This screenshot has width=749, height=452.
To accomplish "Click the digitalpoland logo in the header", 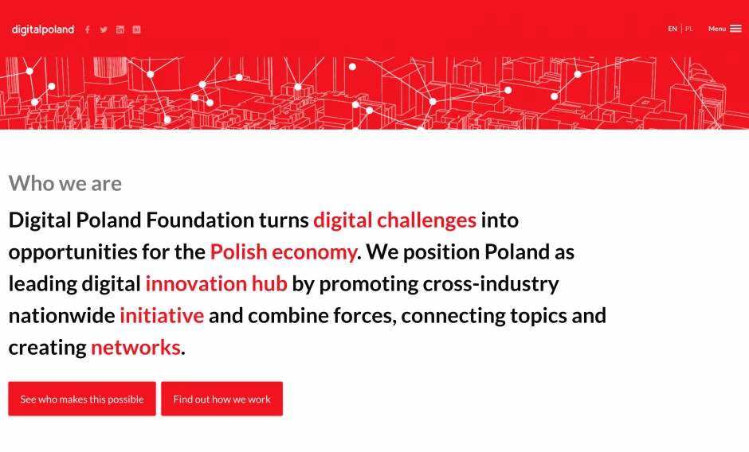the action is pyautogui.click(x=43, y=29).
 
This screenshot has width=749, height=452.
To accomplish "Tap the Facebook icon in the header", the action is pyautogui.click(x=88, y=29).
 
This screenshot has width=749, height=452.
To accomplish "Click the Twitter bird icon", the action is pyautogui.click(x=104, y=29).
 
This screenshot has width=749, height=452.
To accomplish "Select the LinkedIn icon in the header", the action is pyautogui.click(x=120, y=29).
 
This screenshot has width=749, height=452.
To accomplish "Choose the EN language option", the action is pyautogui.click(x=672, y=29).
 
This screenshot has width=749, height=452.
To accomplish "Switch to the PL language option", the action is pyautogui.click(x=688, y=29).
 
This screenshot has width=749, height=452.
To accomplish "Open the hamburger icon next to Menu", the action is pyautogui.click(x=735, y=29).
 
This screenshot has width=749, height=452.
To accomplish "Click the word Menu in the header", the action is pyautogui.click(x=717, y=29).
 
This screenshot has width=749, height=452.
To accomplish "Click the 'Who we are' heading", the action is pyautogui.click(x=65, y=183).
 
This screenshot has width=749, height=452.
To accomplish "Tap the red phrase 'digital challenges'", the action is pyautogui.click(x=394, y=220).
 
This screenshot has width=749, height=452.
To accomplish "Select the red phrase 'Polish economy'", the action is pyautogui.click(x=284, y=252).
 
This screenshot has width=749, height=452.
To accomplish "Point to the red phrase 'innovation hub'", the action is pyautogui.click(x=216, y=283).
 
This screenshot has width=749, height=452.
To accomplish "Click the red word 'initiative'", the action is pyautogui.click(x=162, y=315).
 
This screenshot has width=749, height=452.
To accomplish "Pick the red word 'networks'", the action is pyautogui.click(x=135, y=348).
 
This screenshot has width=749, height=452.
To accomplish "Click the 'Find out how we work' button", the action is pyautogui.click(x=222, y=399).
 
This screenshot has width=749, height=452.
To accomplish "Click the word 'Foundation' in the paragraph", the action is pyautogui.click(x=200, y=220).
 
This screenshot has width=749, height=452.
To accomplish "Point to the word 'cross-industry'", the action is pyautogui.click(x=491, y=284).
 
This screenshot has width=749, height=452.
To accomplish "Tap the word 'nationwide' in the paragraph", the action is pyautogui.click(x=61, y=315).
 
